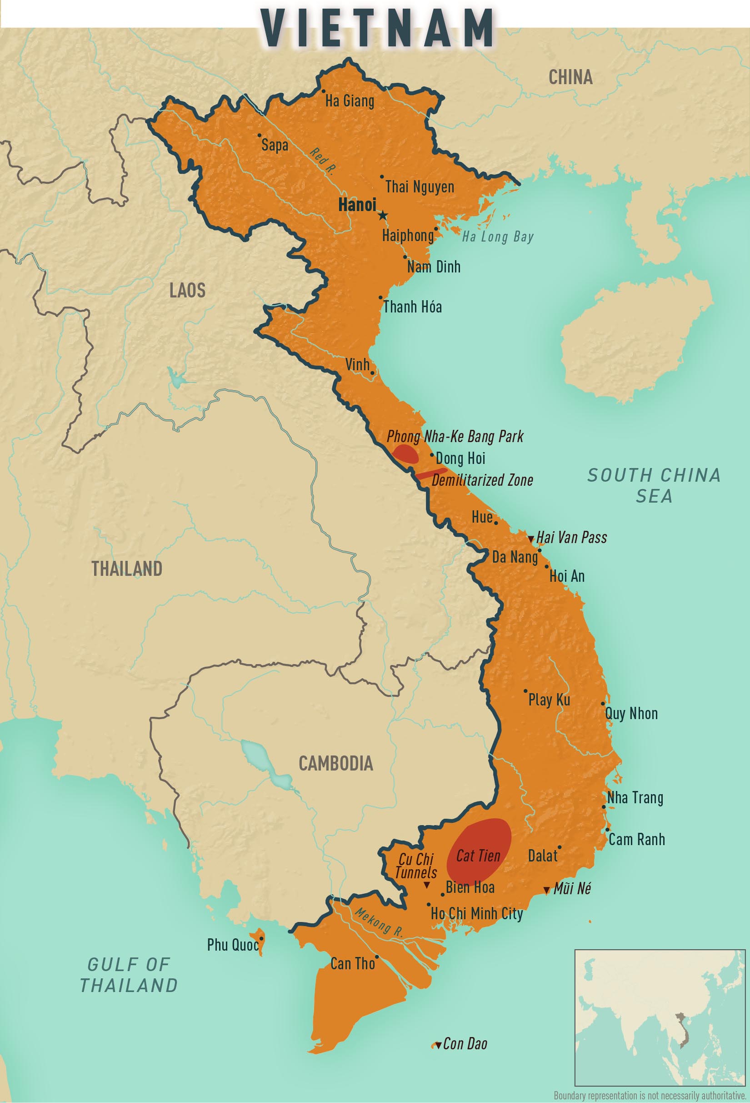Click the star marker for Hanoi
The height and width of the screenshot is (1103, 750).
click(383, 216)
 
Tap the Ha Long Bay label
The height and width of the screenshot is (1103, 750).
click(498, 237)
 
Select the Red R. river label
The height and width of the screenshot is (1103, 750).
click(322, 161)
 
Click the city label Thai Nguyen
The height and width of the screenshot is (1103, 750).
click(420, 186)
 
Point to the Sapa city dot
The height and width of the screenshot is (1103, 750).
click(260, 135)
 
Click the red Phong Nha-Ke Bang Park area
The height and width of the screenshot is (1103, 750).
click(405, 454)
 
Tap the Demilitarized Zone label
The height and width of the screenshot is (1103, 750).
click(482, 480)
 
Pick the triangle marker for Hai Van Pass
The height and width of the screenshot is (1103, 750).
click(531, 539)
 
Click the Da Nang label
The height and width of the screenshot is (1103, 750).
click(515, 557)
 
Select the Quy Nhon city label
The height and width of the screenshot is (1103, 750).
click(631, 713)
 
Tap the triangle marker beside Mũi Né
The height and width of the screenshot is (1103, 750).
click(546, 891)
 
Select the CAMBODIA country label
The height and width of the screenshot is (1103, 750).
click(336, 763)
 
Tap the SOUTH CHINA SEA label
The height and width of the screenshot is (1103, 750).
click(654, 485)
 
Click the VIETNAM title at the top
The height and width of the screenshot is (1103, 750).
click(377, 28)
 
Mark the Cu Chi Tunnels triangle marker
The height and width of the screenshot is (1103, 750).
click(426, 885)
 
